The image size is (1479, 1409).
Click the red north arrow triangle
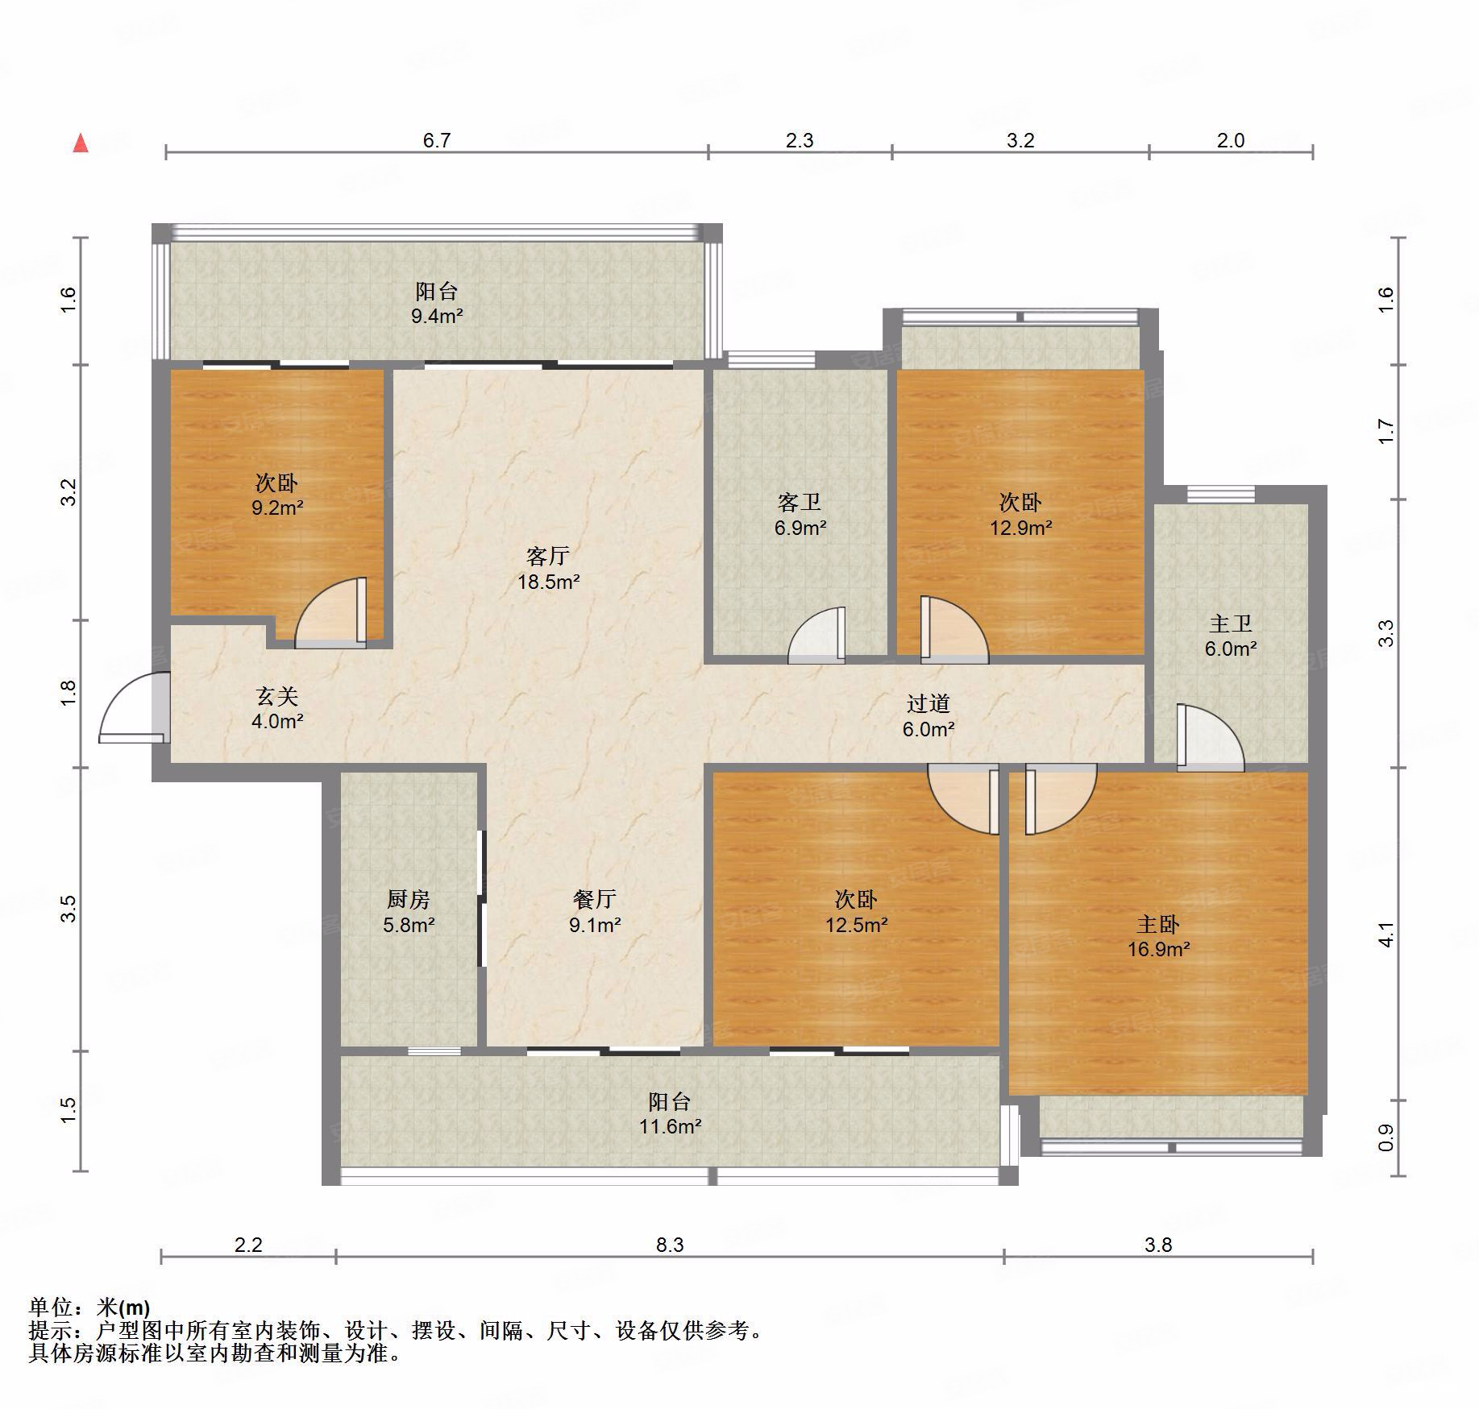click(x=81, y=143)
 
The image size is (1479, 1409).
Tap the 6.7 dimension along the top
click(x=437, y=140)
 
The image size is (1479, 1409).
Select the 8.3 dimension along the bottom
click(x=670, y=1245)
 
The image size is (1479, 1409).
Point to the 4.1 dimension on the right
click(x=1386, y=934)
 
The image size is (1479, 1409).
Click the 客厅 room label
click(x=548, y=556)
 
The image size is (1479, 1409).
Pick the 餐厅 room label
click(x=595, y=899)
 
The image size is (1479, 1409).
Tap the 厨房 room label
click(x=409, y=899)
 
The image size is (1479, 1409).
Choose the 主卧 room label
click(x=1158, y=923)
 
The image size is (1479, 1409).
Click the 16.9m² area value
click(x=1158, y=949)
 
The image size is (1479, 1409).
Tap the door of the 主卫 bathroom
click(x=1210, y=737)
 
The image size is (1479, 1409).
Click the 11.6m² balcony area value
click(x=670, y=1126)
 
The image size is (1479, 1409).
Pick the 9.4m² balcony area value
click(x=437, y=316)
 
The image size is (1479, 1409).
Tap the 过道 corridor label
click(x=929, y=703)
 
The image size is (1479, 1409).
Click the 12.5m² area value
click(x=856, y=924)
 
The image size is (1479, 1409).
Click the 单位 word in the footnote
click(x=51, y=1307)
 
